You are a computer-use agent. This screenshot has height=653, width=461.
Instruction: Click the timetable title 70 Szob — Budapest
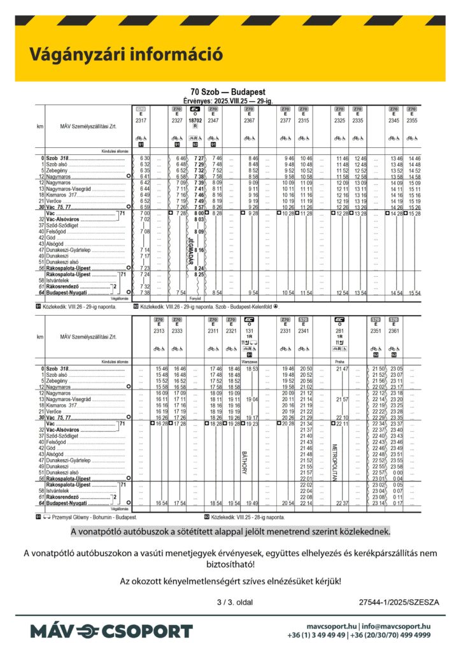point(227,92)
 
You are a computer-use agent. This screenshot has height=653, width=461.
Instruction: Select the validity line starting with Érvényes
point(227,99)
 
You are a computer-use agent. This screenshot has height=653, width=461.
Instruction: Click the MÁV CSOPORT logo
point(111,631)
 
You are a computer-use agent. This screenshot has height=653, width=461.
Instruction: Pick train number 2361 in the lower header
point(395,330)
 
